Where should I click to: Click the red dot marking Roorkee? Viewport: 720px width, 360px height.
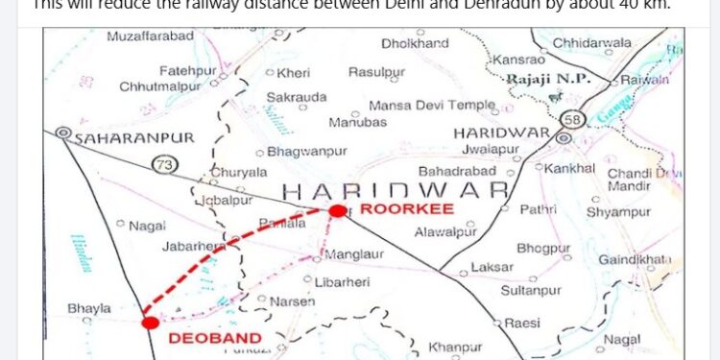[x=337, y=210]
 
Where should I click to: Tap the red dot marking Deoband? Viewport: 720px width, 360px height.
[x=150, y=322]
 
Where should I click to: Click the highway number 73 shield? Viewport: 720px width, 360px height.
[x=164, y=165]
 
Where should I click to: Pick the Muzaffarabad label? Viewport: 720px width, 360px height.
[x=150, y=36]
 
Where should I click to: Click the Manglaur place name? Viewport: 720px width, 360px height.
[x=354, y=255]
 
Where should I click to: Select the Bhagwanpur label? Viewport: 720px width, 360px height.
[x=306, y=152]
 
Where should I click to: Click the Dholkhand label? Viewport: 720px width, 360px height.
[x=415, y=43]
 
